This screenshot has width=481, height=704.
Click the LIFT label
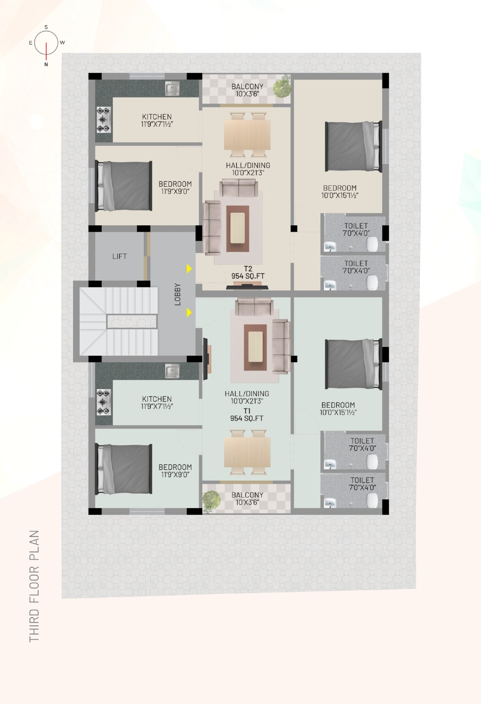point(120,256)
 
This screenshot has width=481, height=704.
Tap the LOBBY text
point(178,294)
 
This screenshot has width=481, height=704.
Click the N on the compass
point(46,65)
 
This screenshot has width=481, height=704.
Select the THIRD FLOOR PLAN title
point(35,586)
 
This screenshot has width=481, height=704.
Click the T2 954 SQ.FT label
point(248,272)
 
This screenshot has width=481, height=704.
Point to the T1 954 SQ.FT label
point(247,415)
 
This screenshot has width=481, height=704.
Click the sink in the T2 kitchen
point(172,89)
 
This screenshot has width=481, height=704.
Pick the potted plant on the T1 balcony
point(211,500)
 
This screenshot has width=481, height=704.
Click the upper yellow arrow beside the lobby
point(190,269)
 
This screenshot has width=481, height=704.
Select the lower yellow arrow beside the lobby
point(190,312)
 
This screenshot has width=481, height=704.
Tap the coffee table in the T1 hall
point(255,347)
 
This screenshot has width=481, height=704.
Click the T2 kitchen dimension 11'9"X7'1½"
point(157,124)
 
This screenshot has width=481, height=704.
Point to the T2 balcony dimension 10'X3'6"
point(247,94)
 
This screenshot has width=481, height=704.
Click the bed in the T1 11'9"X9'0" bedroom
point(124,469)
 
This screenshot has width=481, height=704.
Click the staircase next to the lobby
point(118,321)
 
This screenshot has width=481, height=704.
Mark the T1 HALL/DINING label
point(247,393)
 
